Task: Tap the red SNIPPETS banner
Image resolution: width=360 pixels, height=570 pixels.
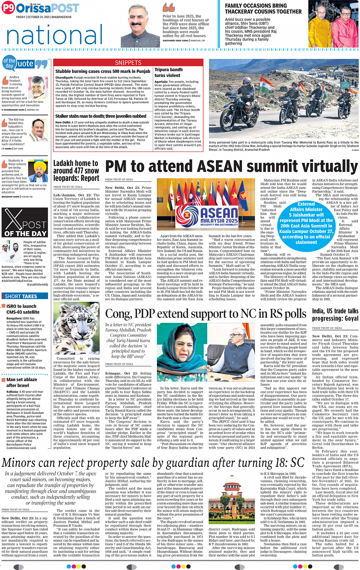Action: (128, 62)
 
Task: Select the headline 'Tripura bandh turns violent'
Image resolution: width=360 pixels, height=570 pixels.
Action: (168, 72)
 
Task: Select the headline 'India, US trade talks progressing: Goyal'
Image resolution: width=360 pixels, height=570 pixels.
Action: (335, 315)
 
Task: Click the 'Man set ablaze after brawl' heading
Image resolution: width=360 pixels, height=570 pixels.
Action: (22, 382)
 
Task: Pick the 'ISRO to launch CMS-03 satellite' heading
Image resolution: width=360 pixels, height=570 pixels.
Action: (22, 309)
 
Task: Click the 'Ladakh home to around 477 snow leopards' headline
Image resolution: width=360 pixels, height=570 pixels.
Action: (76, 171)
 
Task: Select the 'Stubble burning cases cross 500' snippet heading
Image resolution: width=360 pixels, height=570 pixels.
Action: (102, 71)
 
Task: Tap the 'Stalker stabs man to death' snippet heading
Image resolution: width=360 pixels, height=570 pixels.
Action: (101, 116)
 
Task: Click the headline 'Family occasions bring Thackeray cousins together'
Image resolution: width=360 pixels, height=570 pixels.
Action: (263, 8)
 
